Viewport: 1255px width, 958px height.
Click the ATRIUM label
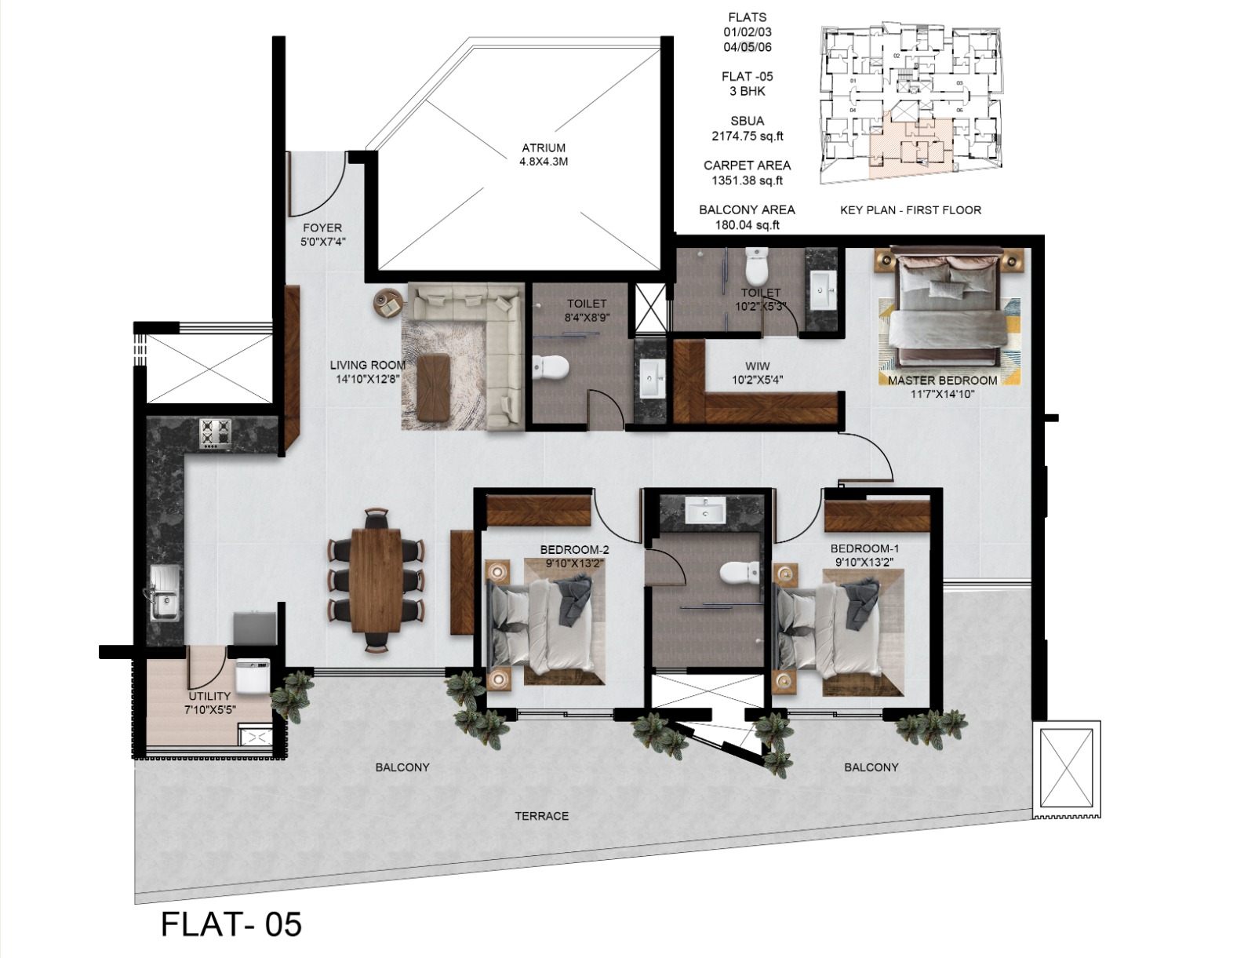tap(543, 148)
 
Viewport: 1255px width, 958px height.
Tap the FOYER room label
tap(322, 228)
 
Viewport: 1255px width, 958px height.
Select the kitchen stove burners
tap(215, 434)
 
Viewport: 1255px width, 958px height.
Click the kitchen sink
tap(164, 594)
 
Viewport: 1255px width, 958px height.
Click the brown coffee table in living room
tap(434, 387)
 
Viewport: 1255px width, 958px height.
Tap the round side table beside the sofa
tap(387, 303)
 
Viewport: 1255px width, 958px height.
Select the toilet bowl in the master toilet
tap(756, 268)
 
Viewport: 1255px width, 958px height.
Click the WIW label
tap(757, 366)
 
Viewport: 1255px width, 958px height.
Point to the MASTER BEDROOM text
tap(942, 381)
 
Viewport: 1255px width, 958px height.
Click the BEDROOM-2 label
tap(574, 549)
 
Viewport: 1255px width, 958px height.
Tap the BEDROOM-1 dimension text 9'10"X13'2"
tap(864, 562)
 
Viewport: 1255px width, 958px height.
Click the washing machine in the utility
tap(253, 676)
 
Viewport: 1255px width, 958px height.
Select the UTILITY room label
tap(209, 696)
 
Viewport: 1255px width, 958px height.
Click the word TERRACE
tap(541, 816)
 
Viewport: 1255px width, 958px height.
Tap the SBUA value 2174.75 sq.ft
tap(747, 136)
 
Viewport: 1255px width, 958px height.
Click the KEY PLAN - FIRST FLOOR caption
tap(910, 210)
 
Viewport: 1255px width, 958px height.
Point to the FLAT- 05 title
tap(231, 924)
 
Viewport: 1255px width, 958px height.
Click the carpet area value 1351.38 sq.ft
tap(747, 180)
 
